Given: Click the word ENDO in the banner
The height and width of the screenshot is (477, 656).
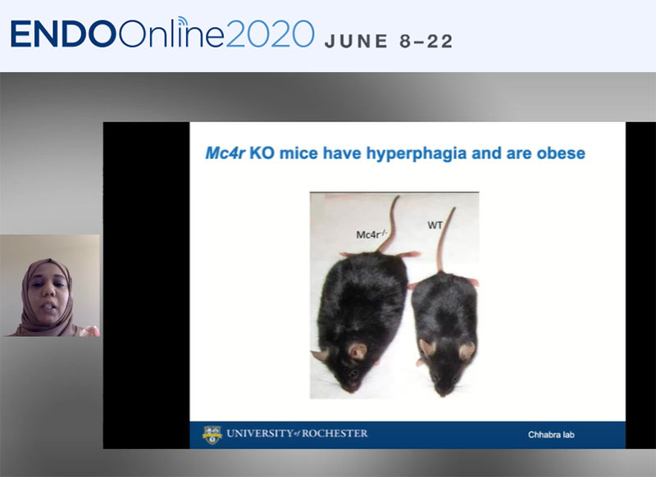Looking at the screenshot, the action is click(63, 34).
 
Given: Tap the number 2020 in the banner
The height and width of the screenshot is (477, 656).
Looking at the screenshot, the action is click(270, 34).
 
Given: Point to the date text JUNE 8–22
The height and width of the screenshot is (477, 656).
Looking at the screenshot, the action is click(389, 41).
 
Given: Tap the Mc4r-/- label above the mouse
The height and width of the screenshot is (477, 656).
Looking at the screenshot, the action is click(371, 234).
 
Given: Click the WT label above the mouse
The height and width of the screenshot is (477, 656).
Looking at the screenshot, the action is click(435, 225).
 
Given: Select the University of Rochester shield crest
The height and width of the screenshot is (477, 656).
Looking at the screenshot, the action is click(212, 434).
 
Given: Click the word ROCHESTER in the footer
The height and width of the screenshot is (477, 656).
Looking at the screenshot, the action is click(335, 433).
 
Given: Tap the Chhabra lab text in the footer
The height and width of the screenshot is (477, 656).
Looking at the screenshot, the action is click(551, 434).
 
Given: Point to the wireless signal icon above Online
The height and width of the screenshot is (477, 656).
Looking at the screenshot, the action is click(181, 22).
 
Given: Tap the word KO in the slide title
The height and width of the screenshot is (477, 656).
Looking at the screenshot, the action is click(262, 153).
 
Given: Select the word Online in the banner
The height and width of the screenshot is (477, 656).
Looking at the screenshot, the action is click(171, 34).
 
